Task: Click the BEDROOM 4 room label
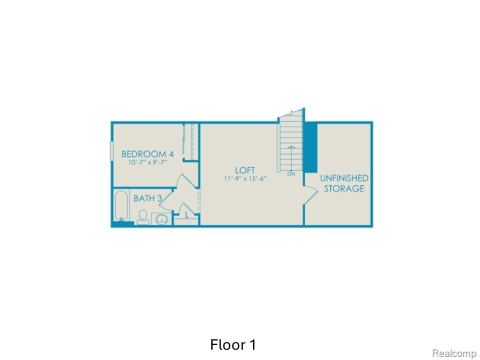[x=147, y=153]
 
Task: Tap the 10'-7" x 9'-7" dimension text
[x=147, y=162]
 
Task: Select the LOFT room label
[x=245, y=170]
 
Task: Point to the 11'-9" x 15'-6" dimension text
[x=245, y=178]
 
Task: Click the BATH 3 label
[x=147, y=198]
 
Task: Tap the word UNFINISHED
[x=344, y=178]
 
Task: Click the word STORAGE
[x=344, y=188]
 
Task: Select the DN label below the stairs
[x=291, y=174]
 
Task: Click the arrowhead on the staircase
[x=291, y=147]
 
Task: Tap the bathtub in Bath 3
[x=121, y=205]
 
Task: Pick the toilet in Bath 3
[x=142, y=217]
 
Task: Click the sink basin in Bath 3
[x=161, y=219]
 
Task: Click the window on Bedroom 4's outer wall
[x=111, y=150]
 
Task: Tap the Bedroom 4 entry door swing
[x=186, y=182]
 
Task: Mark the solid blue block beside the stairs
[x=311, y=147]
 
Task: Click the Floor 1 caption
[x=232, y=344]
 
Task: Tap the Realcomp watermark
[x=454, y=353]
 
